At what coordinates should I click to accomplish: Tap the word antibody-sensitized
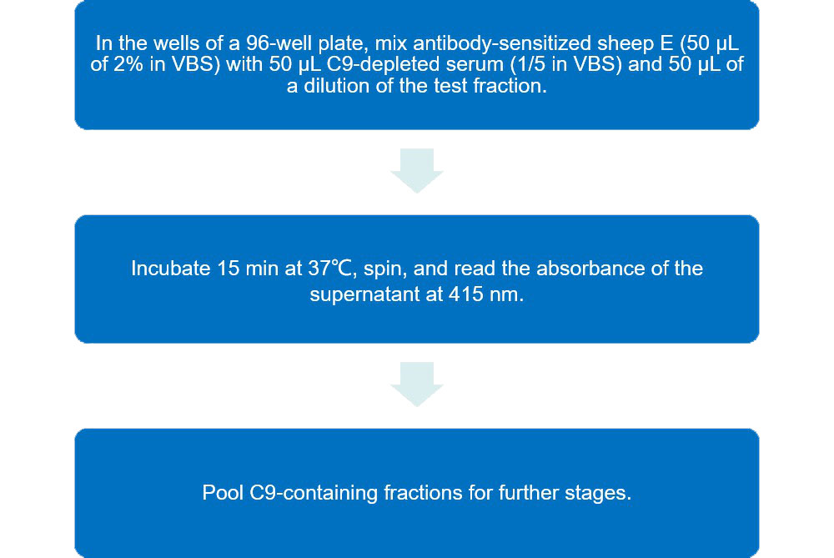point(442,43)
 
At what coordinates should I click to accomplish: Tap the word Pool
point(221,493)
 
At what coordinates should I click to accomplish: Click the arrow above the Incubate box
point(416,170)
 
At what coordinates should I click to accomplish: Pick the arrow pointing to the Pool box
point(416,384)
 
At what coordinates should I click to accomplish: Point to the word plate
point(326,43)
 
